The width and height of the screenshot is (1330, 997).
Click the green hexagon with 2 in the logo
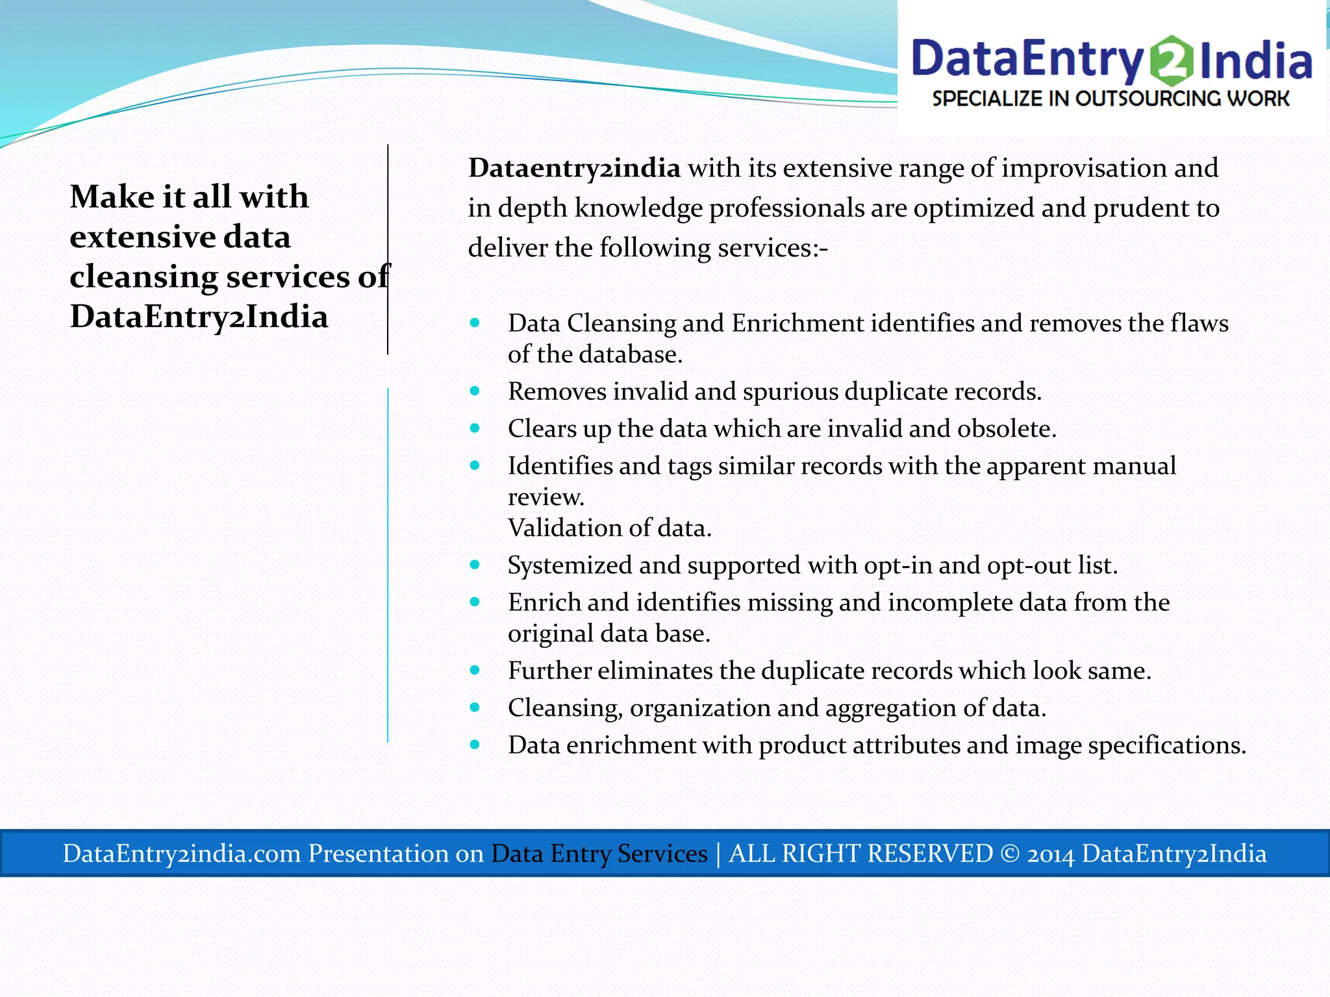pos(1171,61)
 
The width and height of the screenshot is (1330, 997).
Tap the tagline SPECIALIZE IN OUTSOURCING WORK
pos(1110,99)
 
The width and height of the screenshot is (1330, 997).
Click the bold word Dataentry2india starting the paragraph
pos(574,168)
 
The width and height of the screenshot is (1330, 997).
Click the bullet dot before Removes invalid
pos(475,391)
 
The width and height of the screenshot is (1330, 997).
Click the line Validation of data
pos(609,528)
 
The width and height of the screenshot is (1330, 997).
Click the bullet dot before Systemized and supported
pos(475,565)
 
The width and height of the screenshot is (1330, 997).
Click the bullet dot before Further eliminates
pos(475,670)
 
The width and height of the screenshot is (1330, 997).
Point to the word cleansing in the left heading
pos(144,277)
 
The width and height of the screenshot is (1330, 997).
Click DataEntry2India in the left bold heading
pos(199,317)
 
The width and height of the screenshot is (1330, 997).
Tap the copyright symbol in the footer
pos(1009,853)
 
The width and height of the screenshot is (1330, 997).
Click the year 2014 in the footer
pos(1050,854)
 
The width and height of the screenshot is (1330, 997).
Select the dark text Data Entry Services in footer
pos(599,853)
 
